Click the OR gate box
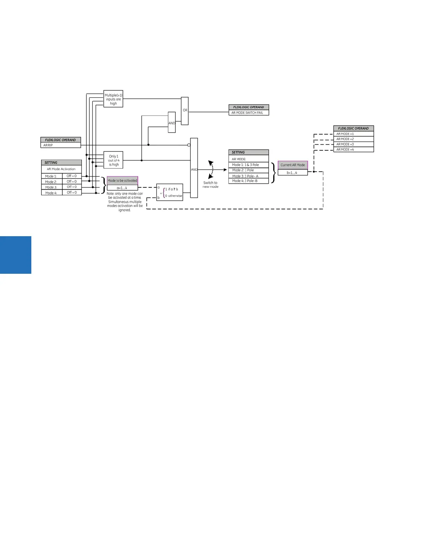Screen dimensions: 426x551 click(185, 111)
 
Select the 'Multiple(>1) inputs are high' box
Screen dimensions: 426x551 click(113, 99)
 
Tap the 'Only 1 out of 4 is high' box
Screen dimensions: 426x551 click(113, 160)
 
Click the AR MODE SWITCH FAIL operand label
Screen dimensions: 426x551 click(248, 113)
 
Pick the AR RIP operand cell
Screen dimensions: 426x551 click(61, 145)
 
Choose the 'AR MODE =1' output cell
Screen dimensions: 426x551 click(353, 134)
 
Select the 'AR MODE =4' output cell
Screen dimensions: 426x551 click(353, 150)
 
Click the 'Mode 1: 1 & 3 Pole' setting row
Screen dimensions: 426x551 click(248, 165)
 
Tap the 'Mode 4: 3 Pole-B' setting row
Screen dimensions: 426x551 click(248, 181)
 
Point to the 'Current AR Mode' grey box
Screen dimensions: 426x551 click(293, 165)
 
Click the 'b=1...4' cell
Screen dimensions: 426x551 click(293, 173)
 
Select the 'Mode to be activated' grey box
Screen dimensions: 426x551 click(122, 181)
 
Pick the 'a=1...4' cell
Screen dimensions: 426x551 click(122, 188)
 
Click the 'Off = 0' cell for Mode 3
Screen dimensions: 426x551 click(72, 187)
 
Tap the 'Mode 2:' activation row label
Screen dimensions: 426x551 click(52, 182)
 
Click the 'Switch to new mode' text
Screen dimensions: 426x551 click(211, 185)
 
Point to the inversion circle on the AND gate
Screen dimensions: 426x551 click(189, 145)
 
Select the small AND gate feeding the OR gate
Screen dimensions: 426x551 click(172, 122)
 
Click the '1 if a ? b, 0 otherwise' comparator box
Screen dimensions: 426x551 click(169, 192)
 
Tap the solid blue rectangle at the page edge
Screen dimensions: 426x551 click(16, 255)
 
